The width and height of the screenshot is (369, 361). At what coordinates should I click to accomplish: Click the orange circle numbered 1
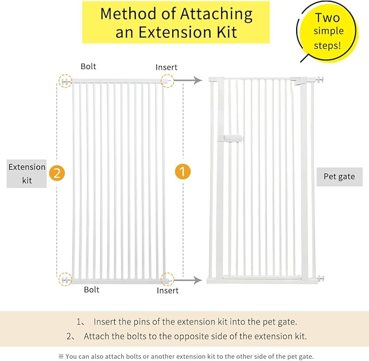[183, 172]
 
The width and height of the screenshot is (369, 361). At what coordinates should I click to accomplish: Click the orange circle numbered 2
[57, 173]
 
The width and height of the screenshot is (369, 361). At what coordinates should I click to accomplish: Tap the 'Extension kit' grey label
[27, 173]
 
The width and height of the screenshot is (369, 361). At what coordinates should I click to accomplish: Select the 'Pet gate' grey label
[339, 177]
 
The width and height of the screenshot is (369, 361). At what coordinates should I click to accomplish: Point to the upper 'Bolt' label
[89, 66]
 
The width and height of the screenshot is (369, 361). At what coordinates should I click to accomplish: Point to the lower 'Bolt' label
[92, 290]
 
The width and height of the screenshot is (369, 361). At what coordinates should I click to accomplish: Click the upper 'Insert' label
[166, 67]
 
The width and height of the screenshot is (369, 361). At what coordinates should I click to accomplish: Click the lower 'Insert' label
[167, 290]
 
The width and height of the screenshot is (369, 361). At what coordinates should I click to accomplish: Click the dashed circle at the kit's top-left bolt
[66, 81]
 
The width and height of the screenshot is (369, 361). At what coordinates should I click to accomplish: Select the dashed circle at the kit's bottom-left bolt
[66, 279]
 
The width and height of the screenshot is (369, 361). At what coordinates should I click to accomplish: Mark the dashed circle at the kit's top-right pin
[167, 81]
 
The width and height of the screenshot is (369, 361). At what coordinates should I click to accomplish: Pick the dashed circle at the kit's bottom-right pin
[167, 279]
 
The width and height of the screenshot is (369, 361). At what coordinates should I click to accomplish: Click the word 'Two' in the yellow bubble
[327, 18]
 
